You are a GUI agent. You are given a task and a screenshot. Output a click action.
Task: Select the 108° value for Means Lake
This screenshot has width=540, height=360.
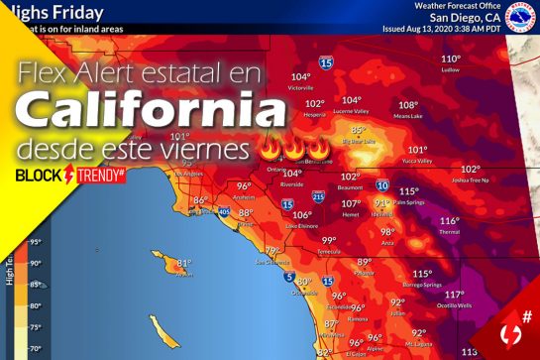point(407,105)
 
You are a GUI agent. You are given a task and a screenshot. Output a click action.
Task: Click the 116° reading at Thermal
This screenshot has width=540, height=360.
point(450,221)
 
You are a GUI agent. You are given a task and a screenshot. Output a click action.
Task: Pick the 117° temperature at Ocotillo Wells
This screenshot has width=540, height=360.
point(454,295)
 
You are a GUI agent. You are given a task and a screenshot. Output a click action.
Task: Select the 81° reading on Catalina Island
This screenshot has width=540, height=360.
point(183,263)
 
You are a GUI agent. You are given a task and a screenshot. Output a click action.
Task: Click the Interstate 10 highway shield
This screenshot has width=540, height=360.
point(381,185)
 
